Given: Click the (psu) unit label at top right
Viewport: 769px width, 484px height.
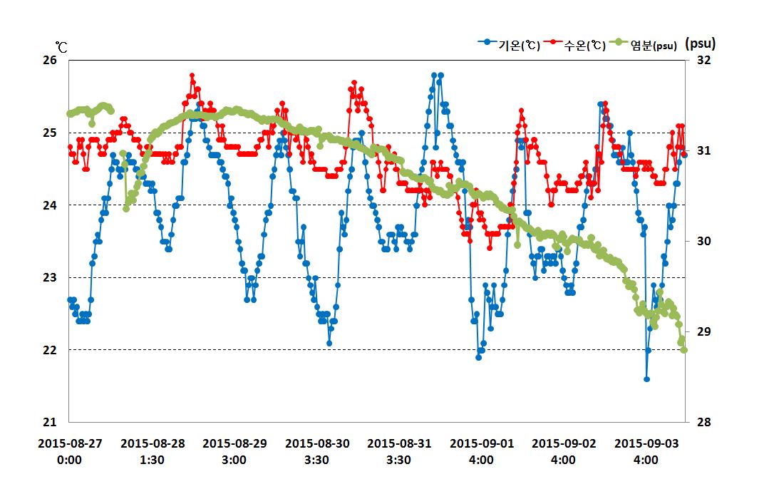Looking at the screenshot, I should pos(700,43).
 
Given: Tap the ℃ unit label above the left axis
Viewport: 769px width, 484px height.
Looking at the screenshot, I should pos(62,47).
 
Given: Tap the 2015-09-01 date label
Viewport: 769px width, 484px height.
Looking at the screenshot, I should pos(481,443).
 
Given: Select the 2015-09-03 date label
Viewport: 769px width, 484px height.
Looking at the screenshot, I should pos(646,443).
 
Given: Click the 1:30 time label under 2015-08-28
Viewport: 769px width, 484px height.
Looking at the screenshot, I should pos(152,460).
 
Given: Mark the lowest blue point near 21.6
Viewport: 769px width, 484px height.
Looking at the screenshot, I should pos(646,379).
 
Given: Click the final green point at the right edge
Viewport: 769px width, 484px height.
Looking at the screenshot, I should pos(684,349).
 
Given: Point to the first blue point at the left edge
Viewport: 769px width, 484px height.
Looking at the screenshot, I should pos(70,299).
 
